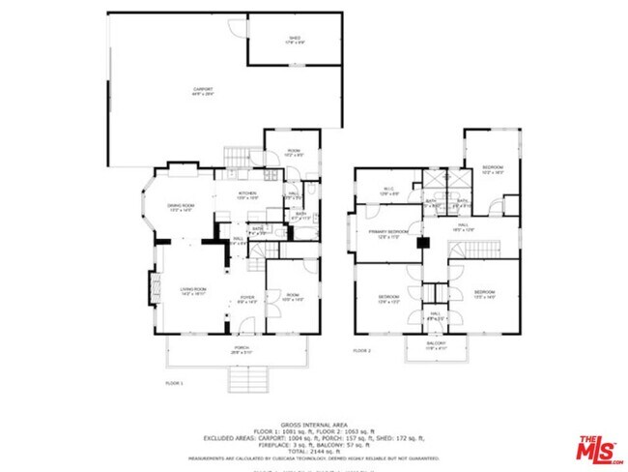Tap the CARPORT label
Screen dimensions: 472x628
[x=202, y=90]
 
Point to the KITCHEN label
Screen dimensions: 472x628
[x=249, y=195]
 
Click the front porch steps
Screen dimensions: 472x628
[x=245, y=383]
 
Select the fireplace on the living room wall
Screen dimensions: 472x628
[x=151, y=287]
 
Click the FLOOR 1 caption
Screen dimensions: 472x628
[x=174, y=383]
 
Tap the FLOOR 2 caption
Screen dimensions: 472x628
[x=361, y=349]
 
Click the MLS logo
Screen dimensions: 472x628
[x=600, y=450]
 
